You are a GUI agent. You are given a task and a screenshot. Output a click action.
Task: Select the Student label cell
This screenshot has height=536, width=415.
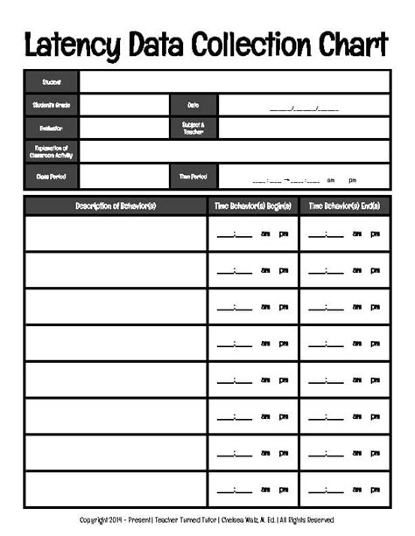pos(52,81)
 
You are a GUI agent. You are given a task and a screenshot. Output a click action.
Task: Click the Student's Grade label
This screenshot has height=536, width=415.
pos(52,105)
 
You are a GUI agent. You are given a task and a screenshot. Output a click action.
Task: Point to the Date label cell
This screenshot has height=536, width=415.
pos(193,105)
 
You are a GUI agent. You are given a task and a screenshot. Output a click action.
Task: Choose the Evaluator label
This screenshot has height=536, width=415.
pos(52,128)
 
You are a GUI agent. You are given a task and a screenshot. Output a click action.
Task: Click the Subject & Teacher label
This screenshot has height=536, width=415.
pos(193,128)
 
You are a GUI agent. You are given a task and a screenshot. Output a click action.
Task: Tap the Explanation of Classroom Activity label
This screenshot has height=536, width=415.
pos(52,151)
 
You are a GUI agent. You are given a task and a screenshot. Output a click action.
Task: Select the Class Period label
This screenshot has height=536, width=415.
pos(52,176)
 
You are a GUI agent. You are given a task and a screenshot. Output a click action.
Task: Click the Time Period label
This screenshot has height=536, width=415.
pos(193,176)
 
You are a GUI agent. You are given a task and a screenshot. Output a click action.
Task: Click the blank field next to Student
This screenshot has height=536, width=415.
pos(234,81)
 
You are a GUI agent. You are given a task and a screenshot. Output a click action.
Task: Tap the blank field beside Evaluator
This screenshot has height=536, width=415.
pos(123,128)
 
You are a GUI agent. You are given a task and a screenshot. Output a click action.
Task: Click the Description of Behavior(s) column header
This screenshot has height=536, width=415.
pos(116,205)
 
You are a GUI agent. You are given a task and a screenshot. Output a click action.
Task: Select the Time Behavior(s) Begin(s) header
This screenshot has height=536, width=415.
pos(252,205)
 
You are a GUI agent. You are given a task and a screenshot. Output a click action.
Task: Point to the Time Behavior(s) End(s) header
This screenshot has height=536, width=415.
pos(344,205)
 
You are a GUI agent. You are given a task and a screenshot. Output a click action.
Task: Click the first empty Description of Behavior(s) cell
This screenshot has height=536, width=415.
pos(116,233)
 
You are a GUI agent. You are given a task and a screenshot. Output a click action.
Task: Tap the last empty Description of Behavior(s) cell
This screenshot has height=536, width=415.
pos(116,490)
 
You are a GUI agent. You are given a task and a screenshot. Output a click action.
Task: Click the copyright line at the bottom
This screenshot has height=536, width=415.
pos(207,520)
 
